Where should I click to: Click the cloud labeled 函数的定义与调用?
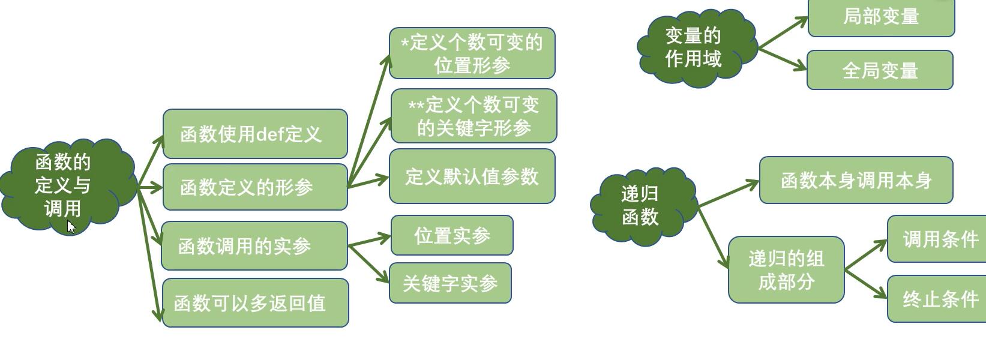click(x=63, y=185)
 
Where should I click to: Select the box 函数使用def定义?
click(x=255, y=134)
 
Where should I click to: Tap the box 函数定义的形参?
click(x=255, y=187)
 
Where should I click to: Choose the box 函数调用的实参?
click(x=254, y=245)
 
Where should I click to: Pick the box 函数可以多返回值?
click(x=255, y=302)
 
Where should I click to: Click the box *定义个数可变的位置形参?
click(x=472, y=53)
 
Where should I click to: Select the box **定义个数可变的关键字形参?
click(x=473, y=116)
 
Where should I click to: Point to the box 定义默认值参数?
click(x=472, y=176)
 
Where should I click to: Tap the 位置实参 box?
click(x=452, y=235)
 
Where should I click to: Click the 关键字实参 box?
click(x=450, y=283)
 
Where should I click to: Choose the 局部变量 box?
click(x=881, y=17)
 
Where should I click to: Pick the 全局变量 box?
click(x=880, y=70)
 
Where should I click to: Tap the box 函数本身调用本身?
click(x=856, y=180)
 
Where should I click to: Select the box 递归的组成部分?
click(x=786, y=269)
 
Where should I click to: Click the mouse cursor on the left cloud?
click(x=71, y=226)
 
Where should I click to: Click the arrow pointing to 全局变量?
click(x=783, y=58)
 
